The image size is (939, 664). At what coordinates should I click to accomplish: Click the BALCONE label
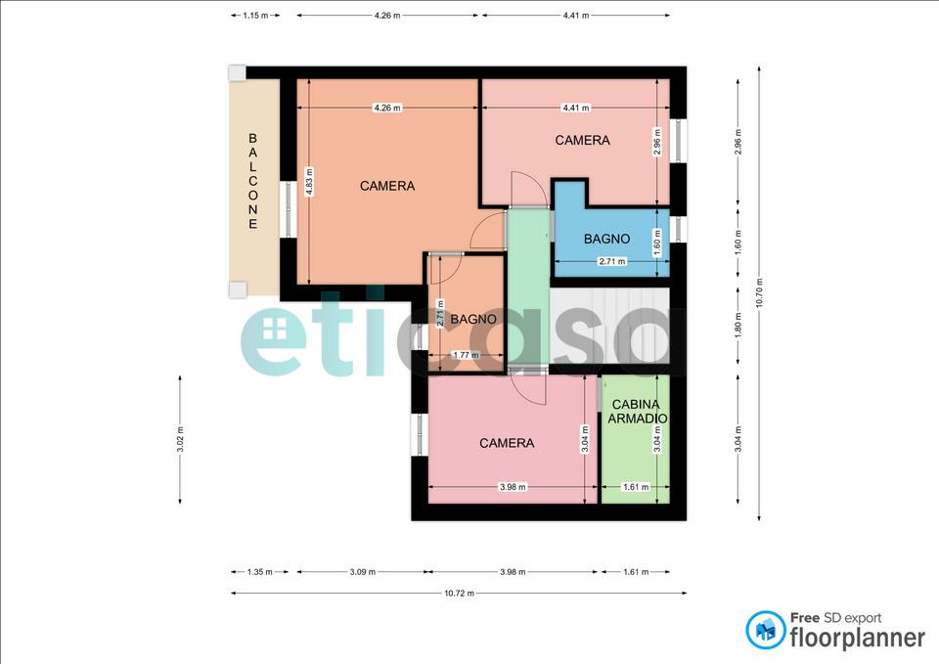coord(252,182)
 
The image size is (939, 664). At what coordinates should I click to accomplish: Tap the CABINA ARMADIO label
coord(637,412)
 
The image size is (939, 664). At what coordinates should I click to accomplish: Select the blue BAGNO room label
coord(606,239)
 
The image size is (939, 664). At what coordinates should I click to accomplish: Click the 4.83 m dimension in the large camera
coord(309,182)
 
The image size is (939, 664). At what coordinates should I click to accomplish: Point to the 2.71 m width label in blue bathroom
coord(612,262)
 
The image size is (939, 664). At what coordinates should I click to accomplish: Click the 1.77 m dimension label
coord(466,355)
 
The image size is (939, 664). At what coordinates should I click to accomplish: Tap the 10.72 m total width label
coord(460,594)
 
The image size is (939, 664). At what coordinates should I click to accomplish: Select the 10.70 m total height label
coord(759,293)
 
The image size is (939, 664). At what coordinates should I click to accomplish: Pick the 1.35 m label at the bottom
coord(260,572)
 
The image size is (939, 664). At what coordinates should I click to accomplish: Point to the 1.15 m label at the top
coord(255,16)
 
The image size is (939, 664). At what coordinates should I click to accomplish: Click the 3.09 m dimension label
coord(363,572)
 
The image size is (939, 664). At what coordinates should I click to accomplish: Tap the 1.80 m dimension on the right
coord(738,325)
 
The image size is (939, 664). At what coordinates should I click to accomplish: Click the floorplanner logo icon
coord(765,630)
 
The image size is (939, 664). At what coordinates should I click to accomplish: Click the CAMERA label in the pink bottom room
coord(507,443)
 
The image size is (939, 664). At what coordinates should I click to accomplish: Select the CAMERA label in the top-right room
coord(582,140)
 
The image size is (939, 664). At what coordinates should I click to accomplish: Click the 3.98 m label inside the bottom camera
coord(513,487)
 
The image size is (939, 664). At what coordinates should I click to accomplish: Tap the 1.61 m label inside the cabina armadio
coord(636,487)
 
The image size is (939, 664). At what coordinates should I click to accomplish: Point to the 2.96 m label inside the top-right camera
coord(657,142)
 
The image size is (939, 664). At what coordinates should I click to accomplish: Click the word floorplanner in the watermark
coord(858,638)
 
